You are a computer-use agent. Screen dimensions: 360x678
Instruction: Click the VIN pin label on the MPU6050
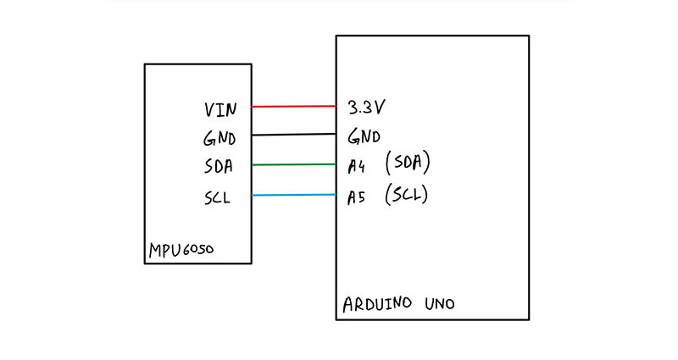[220, 109]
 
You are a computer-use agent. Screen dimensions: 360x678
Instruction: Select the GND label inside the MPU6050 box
[220, 137]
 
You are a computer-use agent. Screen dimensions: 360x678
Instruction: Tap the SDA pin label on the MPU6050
[220, 166]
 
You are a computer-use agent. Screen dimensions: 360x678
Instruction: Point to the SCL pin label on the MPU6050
[219, 197]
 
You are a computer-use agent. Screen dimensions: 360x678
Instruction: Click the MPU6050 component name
[181, 251]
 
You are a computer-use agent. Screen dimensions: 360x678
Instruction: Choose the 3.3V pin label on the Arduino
[367, 108]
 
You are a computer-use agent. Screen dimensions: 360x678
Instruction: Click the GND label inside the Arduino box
[364, 136]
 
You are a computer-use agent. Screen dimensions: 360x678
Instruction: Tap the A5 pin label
[356, 196]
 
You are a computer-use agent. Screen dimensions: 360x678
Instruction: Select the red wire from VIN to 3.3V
[294, 106]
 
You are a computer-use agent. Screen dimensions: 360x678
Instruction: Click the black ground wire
[294, 135]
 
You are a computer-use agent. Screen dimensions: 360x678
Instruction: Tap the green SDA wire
[294, 164]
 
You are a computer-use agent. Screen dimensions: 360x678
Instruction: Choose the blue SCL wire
[294, 195]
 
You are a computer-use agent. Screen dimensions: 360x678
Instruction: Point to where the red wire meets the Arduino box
[336, 106]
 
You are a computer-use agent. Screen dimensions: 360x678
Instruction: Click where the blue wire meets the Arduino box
[336, 195]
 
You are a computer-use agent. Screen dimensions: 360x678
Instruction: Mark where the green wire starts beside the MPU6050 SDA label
[253, 165]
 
